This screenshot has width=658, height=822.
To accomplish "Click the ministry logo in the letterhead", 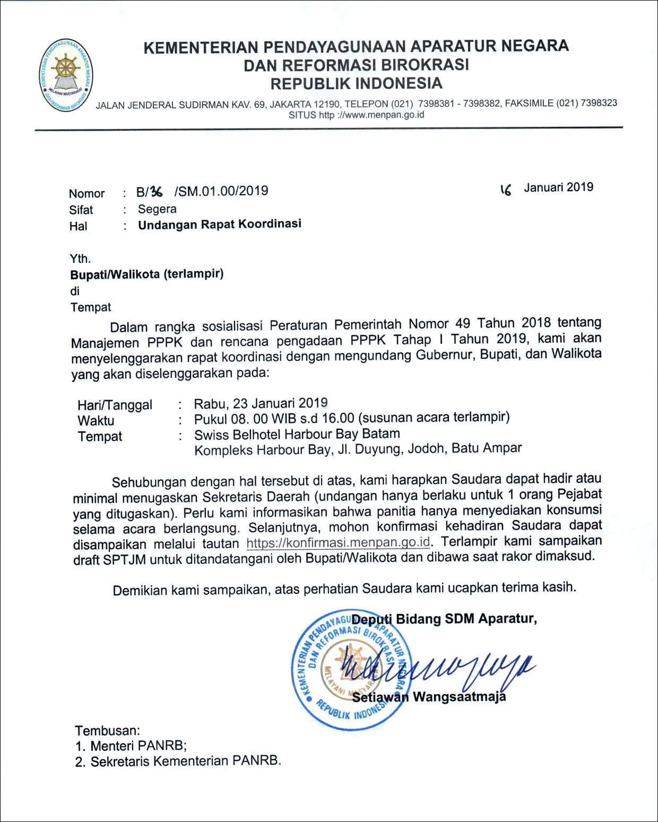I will (x=66, y=75).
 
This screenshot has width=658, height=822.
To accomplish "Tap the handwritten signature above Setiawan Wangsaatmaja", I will (x=435, y=670).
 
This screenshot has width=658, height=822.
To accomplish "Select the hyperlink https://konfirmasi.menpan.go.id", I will (x=338, y=543).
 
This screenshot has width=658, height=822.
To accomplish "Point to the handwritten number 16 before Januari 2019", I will (x=506, y=189).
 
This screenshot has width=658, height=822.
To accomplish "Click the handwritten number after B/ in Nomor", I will (x=157, y=192).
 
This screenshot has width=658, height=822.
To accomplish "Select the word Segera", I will (x=157, y=209).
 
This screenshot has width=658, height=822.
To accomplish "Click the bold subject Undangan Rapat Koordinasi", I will (x=220, y=224).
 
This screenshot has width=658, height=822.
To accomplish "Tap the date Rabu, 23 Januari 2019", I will (x=261, y=403).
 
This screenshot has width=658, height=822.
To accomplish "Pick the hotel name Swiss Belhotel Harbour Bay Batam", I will (x=297, y=434).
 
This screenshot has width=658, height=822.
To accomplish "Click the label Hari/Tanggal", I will (x=115, y=405).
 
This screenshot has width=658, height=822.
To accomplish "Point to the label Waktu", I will (x=96, y=421).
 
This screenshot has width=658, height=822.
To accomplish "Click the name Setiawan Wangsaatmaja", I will (x=429, y=697).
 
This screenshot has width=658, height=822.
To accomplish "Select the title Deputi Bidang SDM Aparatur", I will (x=444, y=619).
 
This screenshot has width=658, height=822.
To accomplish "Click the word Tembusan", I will (x=107, y=731).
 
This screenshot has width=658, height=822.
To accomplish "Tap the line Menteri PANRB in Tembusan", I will (x=138, y=746).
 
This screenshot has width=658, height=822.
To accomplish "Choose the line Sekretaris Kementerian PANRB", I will (x=185, y=761).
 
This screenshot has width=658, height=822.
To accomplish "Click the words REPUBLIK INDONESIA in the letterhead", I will (x=356, y=84).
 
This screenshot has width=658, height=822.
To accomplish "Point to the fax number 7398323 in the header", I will (x=599, y=103).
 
